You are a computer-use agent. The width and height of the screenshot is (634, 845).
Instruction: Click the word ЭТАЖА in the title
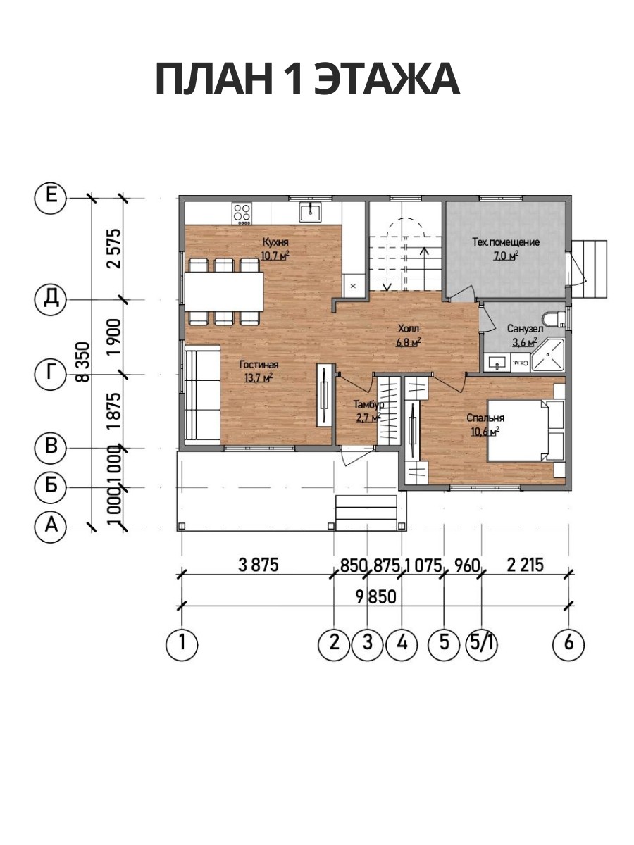pos(387,79)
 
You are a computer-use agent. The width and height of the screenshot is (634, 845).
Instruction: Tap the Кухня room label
pos(275,242)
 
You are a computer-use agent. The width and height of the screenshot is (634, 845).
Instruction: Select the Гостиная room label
pos(259,364)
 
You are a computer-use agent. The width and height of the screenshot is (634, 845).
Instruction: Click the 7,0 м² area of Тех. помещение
pos(506,256)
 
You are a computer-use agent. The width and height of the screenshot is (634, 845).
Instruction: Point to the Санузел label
pos(525,328)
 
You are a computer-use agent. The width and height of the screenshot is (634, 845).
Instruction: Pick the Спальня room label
pos(485,418)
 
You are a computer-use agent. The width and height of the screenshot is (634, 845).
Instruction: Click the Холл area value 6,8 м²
pos(409,342)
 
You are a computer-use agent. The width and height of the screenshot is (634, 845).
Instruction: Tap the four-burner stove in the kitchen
pos(242,213)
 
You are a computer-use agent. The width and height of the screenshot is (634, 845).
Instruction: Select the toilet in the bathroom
pos(554,318)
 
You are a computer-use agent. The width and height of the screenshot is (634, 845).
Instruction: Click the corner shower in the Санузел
pos(548,355)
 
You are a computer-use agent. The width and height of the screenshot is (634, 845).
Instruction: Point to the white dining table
pos(224,292)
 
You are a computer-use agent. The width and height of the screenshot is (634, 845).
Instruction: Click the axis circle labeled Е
pos(51,198)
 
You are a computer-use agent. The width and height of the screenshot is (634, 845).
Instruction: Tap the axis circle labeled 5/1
pos(482,644)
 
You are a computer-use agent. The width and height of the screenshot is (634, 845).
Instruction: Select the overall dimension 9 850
pos(375,597)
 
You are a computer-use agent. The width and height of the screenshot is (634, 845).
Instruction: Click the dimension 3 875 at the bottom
pos(258,565)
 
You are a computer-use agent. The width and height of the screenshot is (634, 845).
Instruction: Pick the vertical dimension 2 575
pos(115,249)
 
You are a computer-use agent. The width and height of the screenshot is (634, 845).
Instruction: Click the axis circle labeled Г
pos(51,374)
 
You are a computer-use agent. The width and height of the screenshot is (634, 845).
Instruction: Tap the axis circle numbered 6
pos(568,644)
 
